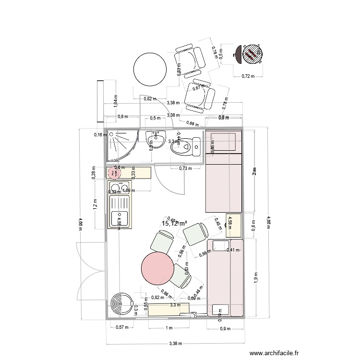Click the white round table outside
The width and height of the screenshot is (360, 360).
[x=150, y=69]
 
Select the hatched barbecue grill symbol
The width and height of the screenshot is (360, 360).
[x=250, y=54]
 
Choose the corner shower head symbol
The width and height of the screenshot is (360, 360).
[x=112, y=135]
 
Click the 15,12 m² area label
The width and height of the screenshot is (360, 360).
[x=174, y=224]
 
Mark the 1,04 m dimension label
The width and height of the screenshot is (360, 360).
[x=115, y=100]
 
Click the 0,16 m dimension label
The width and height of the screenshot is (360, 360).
[x=99, y=135]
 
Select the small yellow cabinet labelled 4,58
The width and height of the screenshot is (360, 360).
[x=233, y=225]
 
